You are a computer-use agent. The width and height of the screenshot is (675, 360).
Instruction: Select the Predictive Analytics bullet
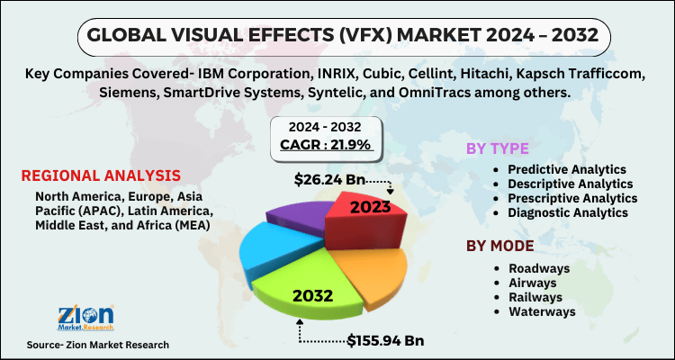pyautogui.click(x=567, y=169)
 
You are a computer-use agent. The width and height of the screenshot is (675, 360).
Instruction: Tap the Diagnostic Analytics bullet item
pyautogui.click(x=566, y=212)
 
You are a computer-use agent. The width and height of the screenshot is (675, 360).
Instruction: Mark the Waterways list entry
pyautogui.click(x=541, y=311)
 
